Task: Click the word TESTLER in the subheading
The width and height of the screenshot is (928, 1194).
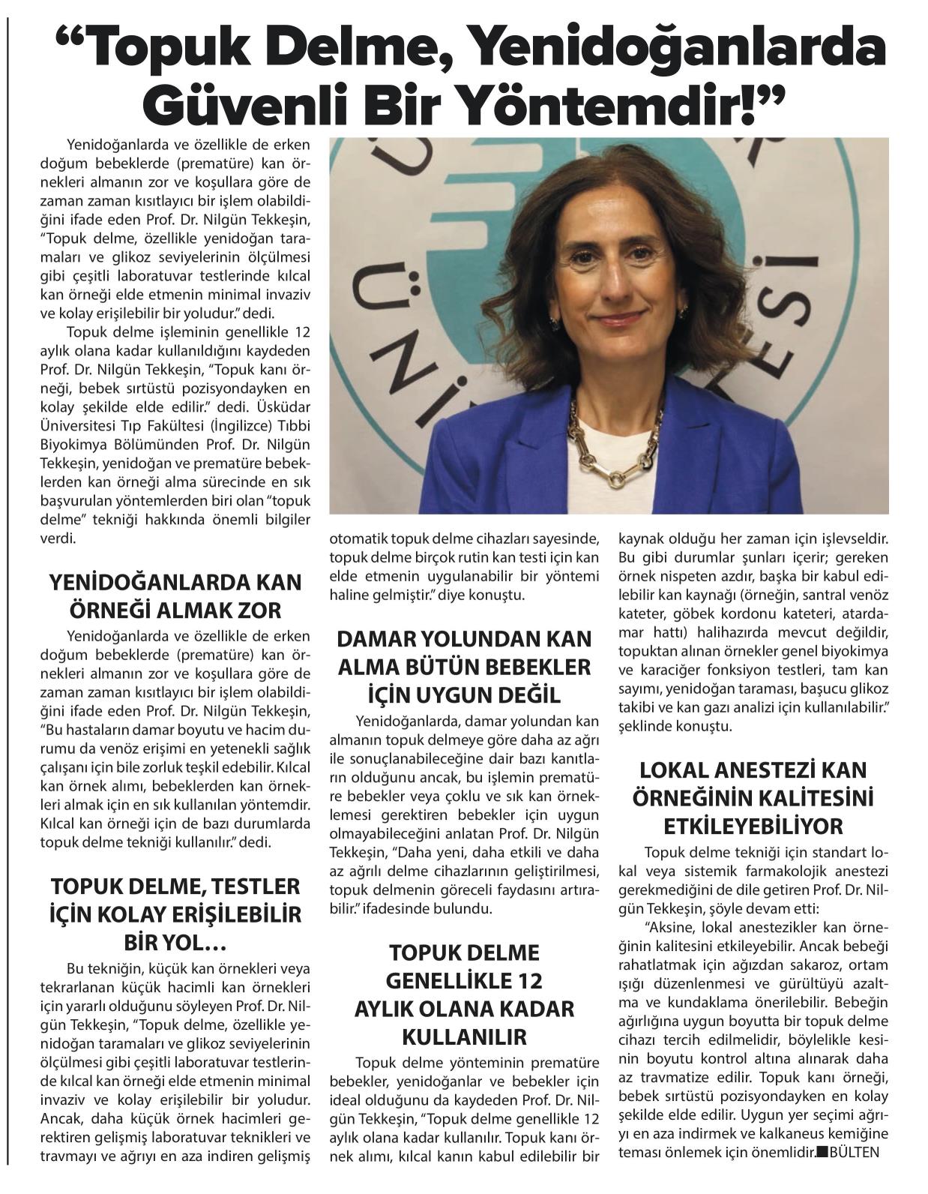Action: [253, 886]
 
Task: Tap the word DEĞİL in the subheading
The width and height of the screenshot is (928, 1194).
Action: [529, 695]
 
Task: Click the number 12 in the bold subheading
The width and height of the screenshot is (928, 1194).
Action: [526, 981]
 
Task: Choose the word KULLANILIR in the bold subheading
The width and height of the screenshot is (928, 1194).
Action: [465, 1037]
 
